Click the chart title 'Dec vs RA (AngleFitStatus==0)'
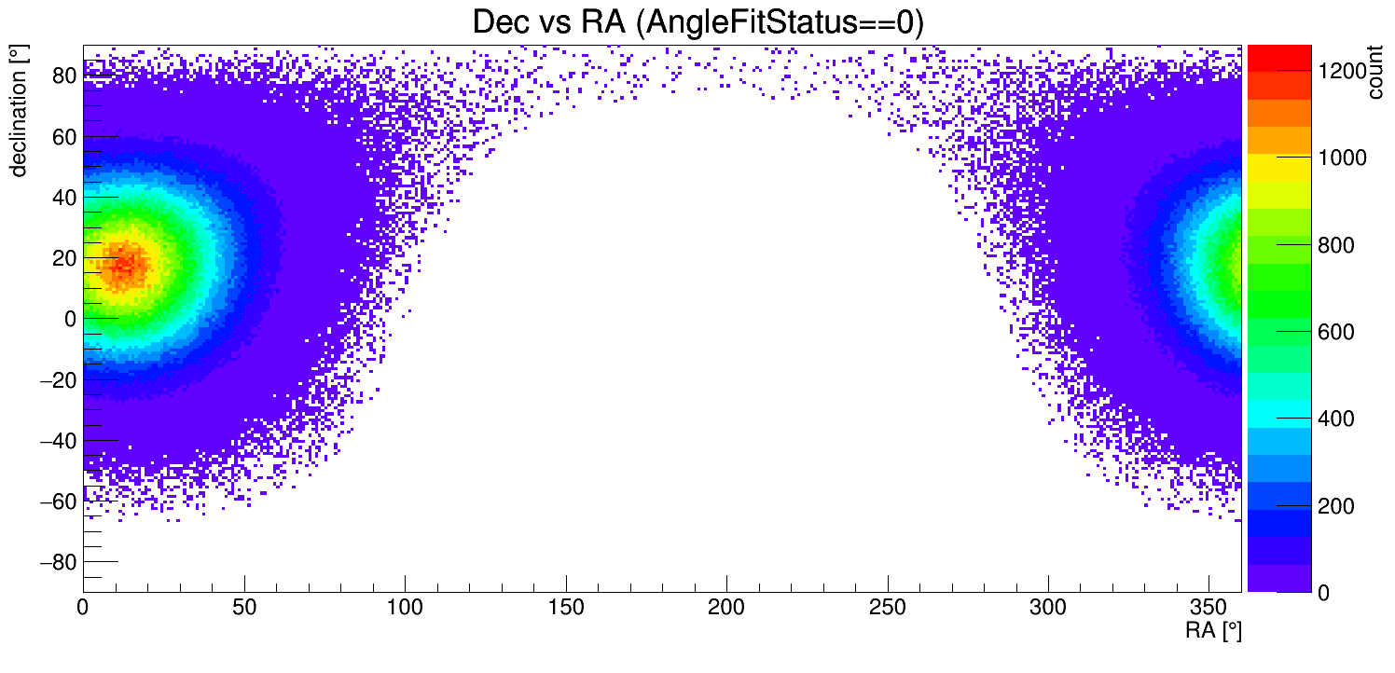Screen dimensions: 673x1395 point(697,22)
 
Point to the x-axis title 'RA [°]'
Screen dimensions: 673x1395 point(1213,631)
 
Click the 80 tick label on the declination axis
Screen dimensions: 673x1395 point(64,76)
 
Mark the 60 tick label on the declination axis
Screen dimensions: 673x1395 point(64,136)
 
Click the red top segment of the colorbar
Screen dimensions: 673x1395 point(1278,58)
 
